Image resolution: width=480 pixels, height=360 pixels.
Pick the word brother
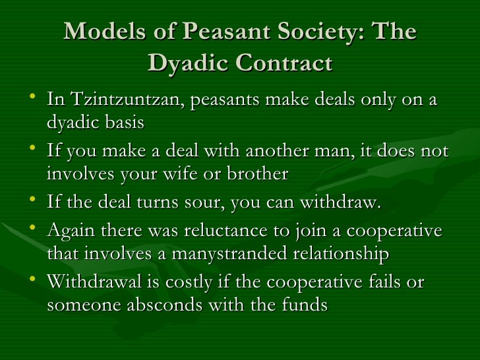click(257, 174)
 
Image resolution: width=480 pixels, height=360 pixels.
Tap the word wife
click(197, 174)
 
